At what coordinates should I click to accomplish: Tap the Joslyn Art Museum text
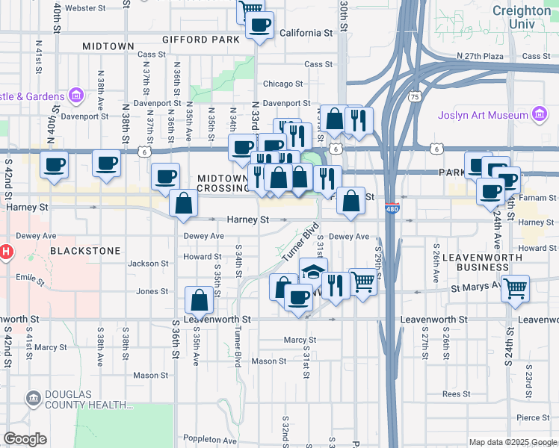click(478, 116)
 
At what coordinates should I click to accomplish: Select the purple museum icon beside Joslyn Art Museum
click(538, 115)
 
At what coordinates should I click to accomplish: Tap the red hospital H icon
click(5, 252)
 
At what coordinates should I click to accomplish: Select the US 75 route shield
click(415, 96)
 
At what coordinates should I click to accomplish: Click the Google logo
click(25, 439)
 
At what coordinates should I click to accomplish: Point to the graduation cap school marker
click(314, 270)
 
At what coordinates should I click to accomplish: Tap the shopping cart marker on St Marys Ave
click(515, 287)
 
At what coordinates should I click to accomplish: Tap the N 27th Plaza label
click(484, 56)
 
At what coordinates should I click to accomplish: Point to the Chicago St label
click(282, 84)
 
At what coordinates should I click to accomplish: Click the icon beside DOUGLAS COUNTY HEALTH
click(34, 398)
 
